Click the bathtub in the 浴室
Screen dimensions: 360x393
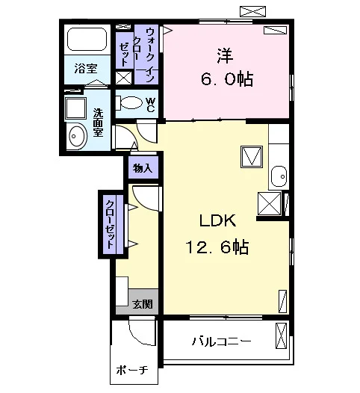pos(87,40)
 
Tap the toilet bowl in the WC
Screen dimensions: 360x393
pos(129,102)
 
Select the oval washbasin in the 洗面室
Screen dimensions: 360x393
pos(78,136)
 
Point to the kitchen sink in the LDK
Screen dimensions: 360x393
pos(279,176)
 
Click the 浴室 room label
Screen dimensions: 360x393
pos(86,69)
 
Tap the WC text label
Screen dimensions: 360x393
pos(151,105)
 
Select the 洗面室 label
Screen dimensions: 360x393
pos(98,123)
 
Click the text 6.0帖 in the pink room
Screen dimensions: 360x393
pos(227,79)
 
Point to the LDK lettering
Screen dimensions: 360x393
pos(217,220)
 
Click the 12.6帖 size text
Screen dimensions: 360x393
pos(217,247)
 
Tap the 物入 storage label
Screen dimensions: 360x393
pos(143,168)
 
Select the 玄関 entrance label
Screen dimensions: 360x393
pos(143,304)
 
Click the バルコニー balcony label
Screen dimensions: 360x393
pos(222,341)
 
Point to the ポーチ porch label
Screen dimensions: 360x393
pos(132,370)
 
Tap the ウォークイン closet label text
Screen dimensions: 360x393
pos(150,55)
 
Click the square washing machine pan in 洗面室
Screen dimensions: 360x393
pos(75,108)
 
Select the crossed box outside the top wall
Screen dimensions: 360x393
pos(252,11)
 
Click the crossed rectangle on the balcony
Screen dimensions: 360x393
pos(281,335)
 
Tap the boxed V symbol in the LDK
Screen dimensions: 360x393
pos(252,157)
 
